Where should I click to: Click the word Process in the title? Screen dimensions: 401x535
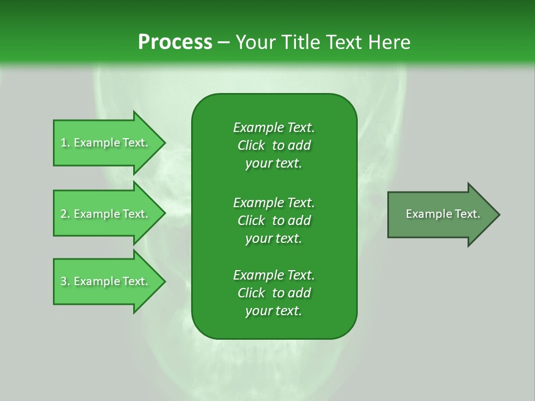pyautogui.click(x=175, y=42)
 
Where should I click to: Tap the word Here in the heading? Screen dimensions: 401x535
pyautogui.click(x=390, y=42)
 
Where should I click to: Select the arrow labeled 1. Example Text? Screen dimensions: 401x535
pyautogui.click(x=106, y=143)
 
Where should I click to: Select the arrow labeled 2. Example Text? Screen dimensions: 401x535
pyautogui.click(x=106, y=214)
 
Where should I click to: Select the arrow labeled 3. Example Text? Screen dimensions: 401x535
pyautogui.click(x=106, y=281)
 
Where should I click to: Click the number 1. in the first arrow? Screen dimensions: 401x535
pyautogui.click(x=65, y=143)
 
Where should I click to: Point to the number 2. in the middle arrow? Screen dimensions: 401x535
pyautogui.click(x=65, y=214)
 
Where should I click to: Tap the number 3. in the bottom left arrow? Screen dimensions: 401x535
pyautogui.click(x=65, y=281)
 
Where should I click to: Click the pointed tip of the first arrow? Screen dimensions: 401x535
pyautogui.click(x=163, y=143)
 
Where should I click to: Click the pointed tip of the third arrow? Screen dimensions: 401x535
pyautogui.click(x=163, y=281)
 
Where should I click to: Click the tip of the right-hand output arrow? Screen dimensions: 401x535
pyautogui.click(x=498, y=214)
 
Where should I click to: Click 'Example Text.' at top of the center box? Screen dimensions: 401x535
pyautogui.click(x=274, y=128)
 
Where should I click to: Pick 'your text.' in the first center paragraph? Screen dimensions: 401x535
pyautogui.click(x=274, y=164)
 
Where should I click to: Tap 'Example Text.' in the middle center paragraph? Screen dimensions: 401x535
pyautogui.click(x=274, y=202)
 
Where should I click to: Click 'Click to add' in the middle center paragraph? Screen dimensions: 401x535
pyautogui.click(x=274, y=221)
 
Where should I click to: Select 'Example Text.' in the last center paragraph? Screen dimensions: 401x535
pyautogui.click(x=274, y=275)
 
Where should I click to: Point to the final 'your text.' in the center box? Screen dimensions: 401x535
pyautogui.click(x=274, y=311)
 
